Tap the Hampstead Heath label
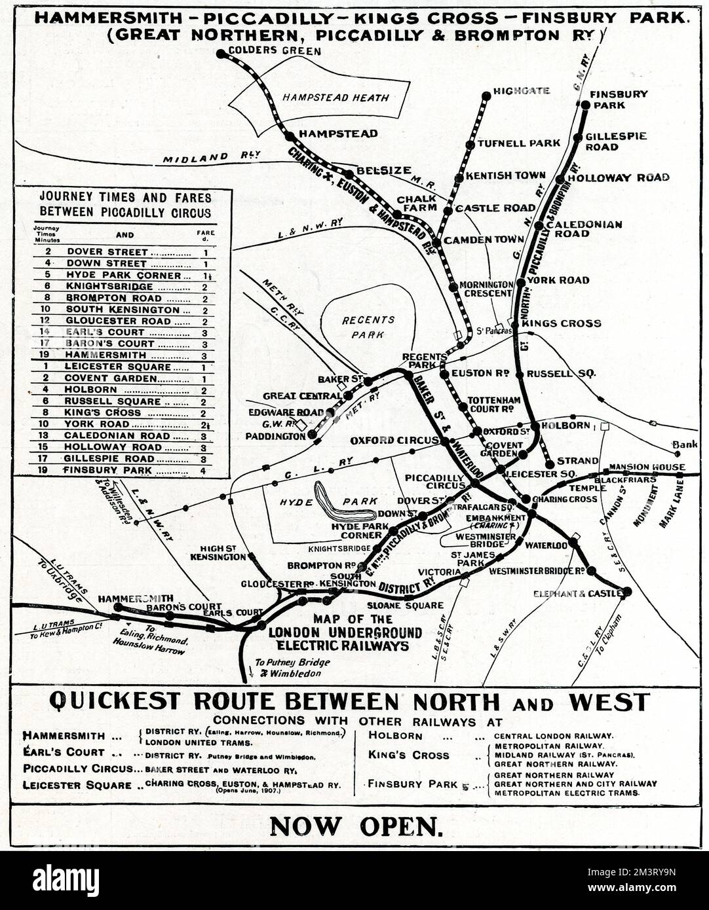335,98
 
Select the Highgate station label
522,91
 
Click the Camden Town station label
484,240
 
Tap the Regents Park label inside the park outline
367,326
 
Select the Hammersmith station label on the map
136,598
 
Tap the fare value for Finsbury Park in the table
204,470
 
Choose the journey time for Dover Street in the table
48,251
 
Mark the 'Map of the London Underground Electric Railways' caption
344,632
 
